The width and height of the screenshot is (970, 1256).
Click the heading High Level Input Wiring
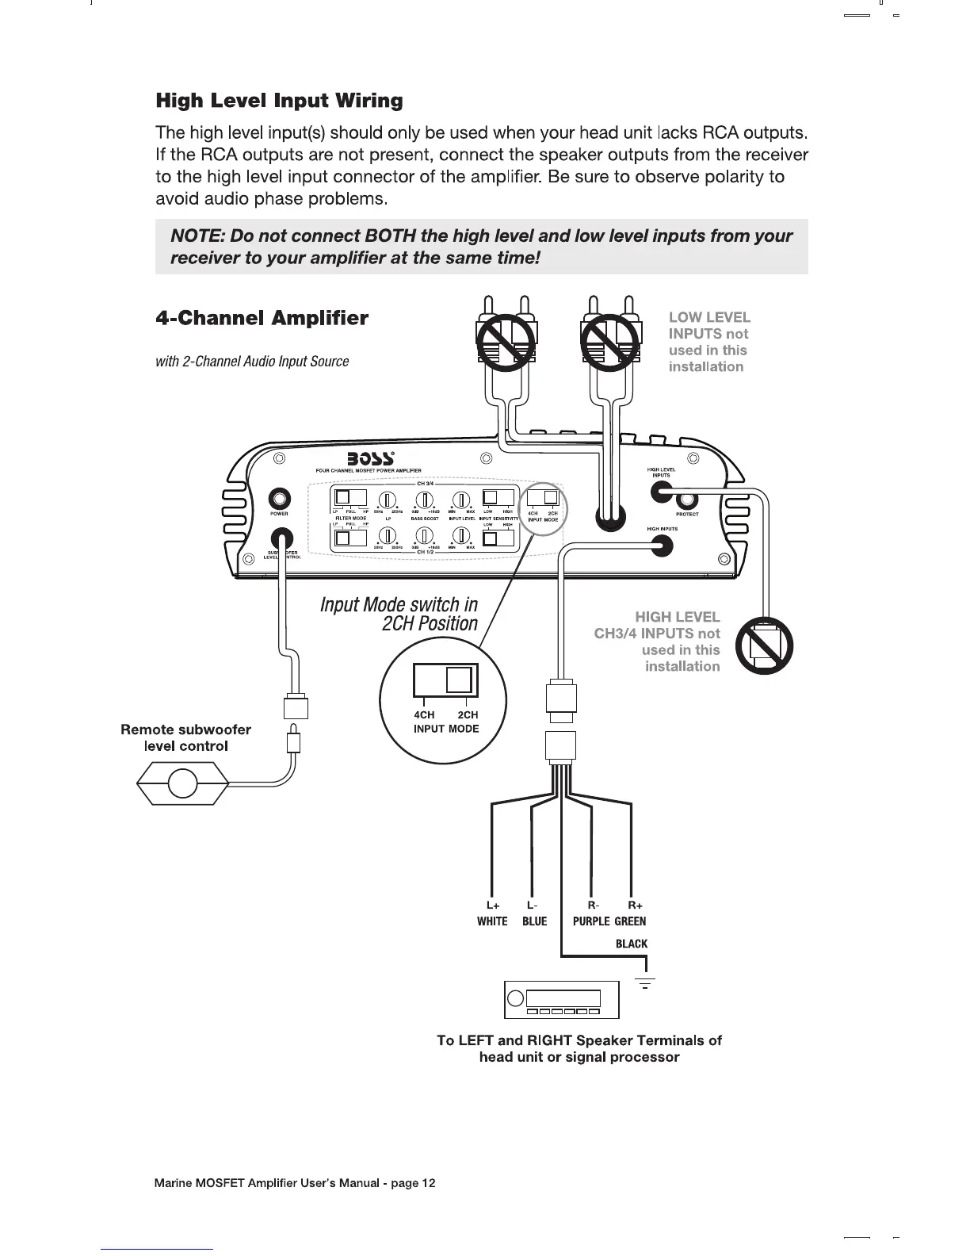coord(279,101)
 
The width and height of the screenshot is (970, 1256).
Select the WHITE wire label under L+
coord(492,921)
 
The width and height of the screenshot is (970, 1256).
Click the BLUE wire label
coord(535,921)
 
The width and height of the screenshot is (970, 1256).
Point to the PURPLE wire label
coord(591,921)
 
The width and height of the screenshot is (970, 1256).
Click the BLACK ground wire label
coord(632,944)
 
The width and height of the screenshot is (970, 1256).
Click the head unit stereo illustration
coord(561,999)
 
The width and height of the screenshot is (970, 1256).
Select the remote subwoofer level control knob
coord(182,783)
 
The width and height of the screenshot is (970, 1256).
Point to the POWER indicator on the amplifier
coord(279,500)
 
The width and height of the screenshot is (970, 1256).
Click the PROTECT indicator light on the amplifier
coord(687,500)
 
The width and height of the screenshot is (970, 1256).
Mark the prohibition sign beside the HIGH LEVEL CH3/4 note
coord(765,645)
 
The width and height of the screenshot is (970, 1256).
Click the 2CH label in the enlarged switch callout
coord(468,714)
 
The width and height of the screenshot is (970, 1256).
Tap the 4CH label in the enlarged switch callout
coord(424,714)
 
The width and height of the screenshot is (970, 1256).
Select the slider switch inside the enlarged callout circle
coord(444,680)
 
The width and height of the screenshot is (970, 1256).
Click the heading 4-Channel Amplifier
coord(262,319)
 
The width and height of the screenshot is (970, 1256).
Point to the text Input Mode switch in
coord(399,605)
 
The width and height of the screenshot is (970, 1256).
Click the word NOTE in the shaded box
coord(194,236)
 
